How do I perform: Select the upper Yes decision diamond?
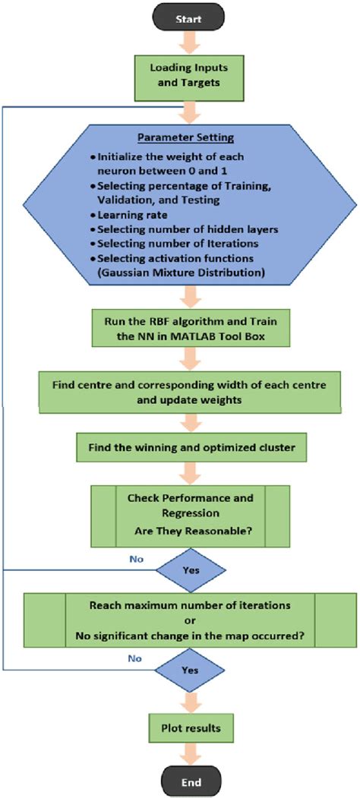(x=191, y=567)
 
